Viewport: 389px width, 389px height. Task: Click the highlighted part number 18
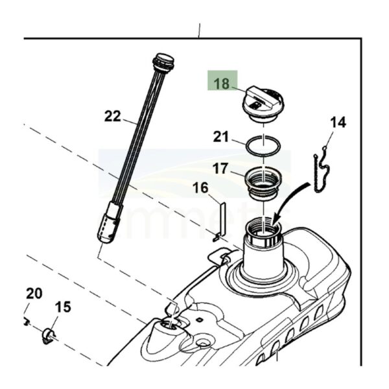pos(222,84)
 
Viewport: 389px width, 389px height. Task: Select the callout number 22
pos(113,117)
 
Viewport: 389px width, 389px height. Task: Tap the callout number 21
pos(222,137)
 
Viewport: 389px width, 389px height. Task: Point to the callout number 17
pos(221,169)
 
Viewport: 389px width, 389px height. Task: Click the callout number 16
pos(200,189)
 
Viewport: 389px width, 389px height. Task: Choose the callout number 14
pos(338,122)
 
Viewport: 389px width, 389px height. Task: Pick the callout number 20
pos(34,294)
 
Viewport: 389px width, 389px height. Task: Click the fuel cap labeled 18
pos(262,106)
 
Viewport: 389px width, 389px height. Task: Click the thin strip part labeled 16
pos(221,217)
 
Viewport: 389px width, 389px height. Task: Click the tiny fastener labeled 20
pos(26,320)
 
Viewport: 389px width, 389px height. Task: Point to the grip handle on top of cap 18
pos(259,99)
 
